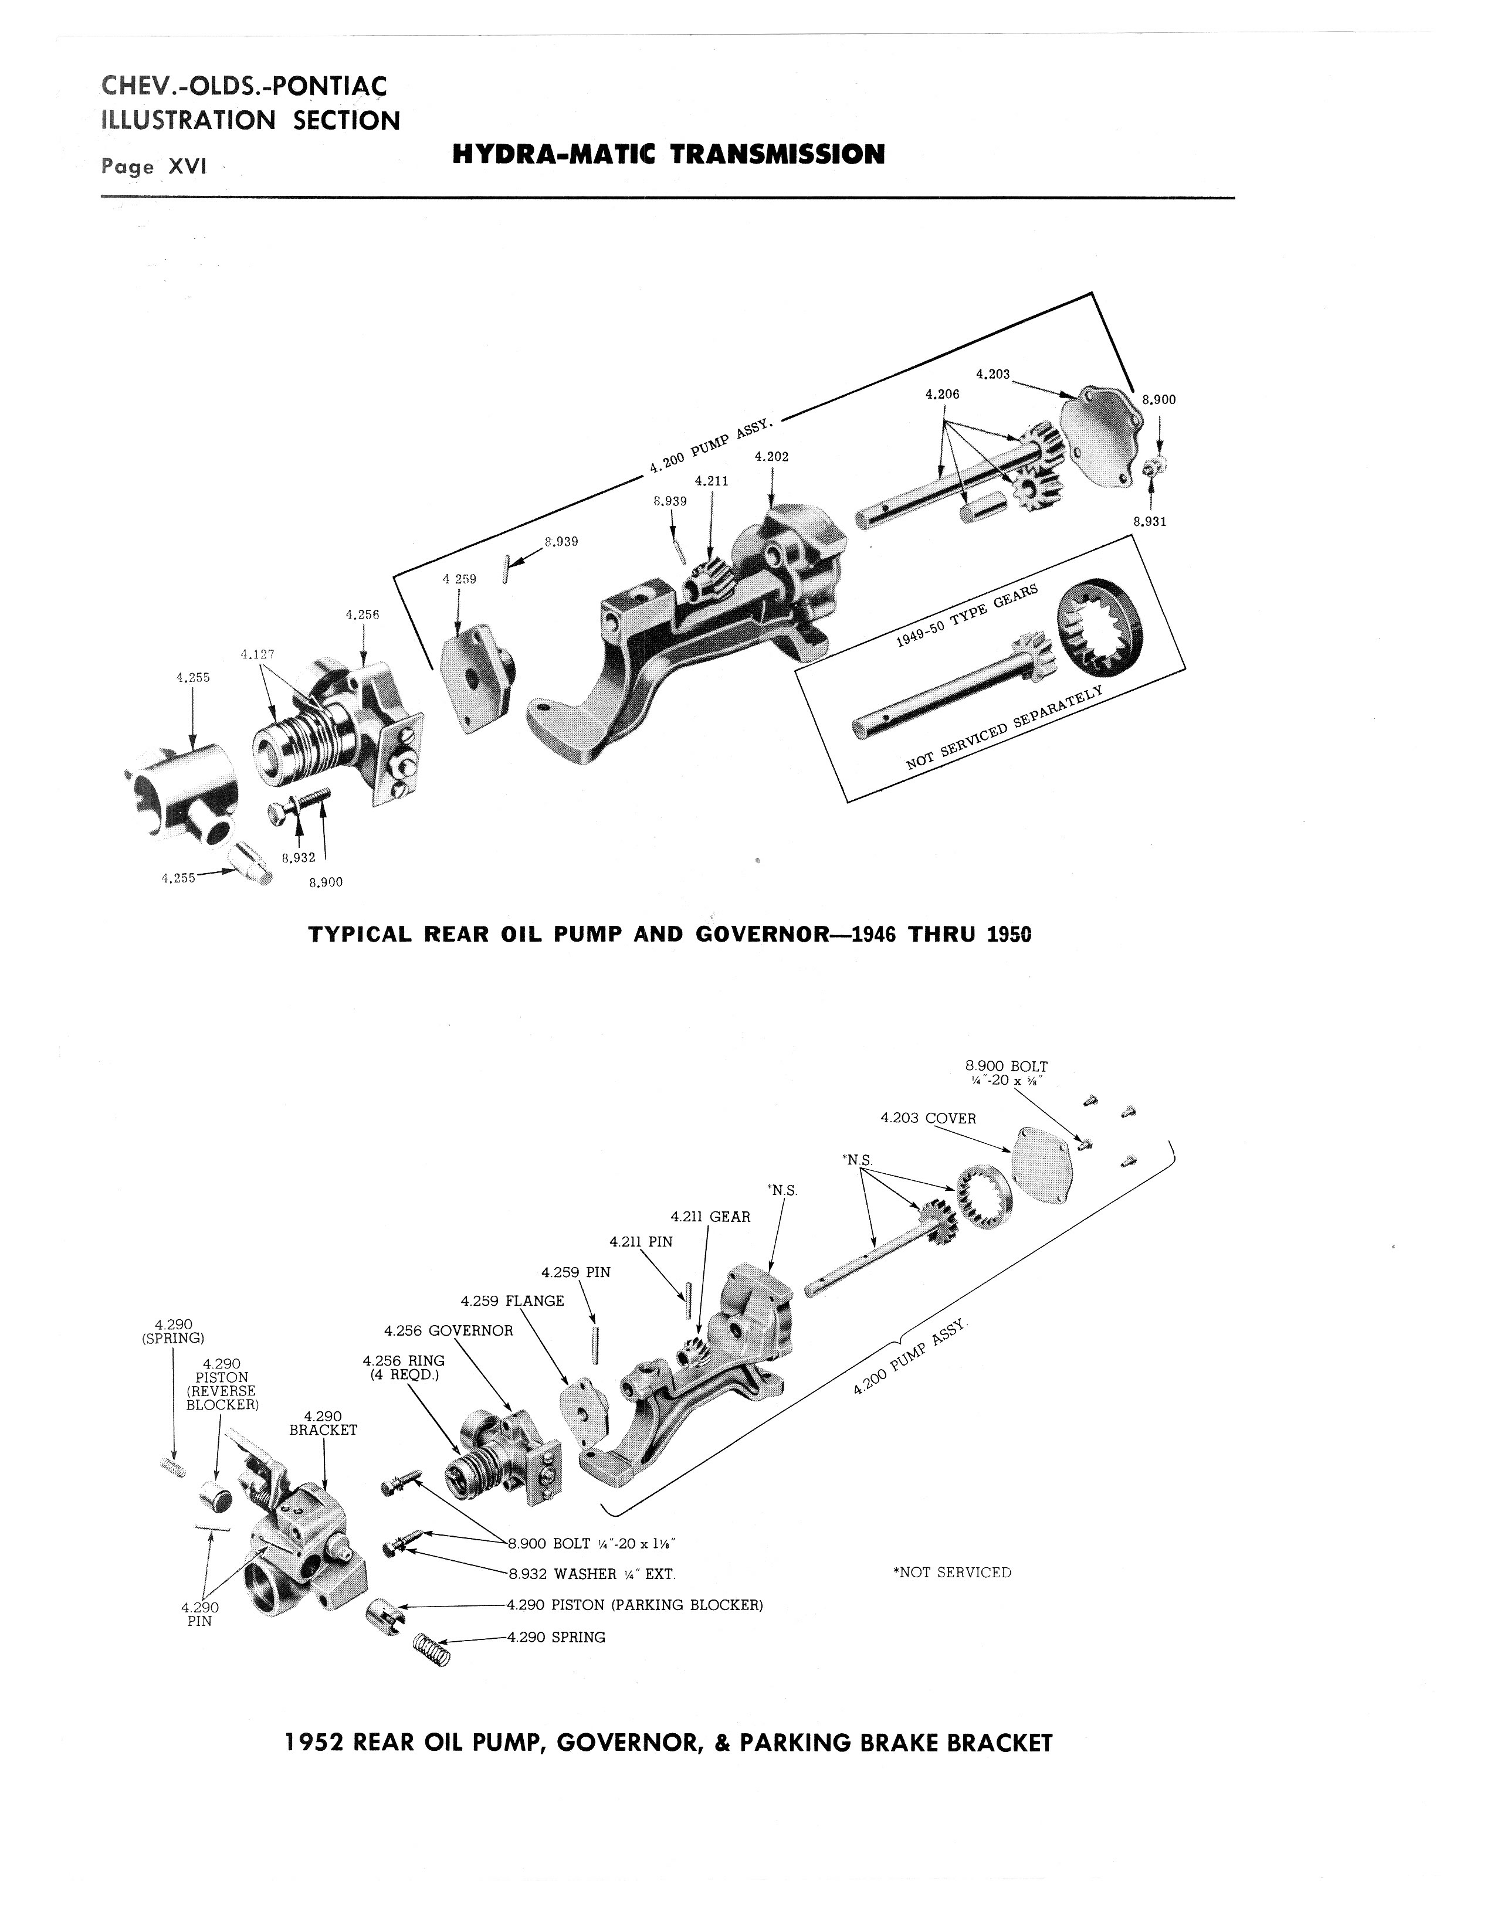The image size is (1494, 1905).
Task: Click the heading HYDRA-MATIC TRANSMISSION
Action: (669, 155)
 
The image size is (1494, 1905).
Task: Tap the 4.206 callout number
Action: (942, 394)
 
